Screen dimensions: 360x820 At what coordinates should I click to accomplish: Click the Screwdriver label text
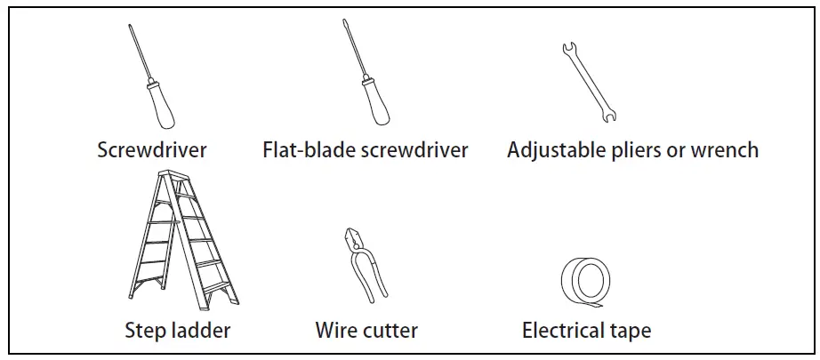click(x=151, y=149)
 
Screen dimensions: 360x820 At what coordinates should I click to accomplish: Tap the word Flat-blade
click(x=308, y=149)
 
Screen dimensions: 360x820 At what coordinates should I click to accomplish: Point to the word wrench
click(x=725, y=149)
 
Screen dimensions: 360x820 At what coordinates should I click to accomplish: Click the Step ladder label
click(x=177, y=331)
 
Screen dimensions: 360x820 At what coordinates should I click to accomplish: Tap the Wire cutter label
click(x=366, y=331)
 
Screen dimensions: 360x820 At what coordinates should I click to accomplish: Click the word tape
click(x=631, y=332)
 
